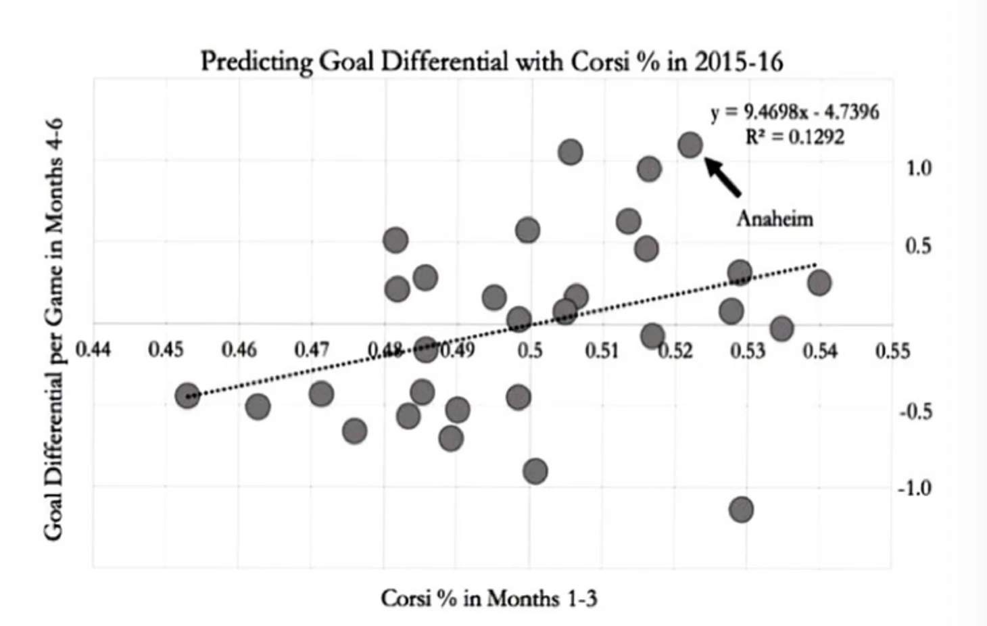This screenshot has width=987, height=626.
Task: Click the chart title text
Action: click(x=491, y=62)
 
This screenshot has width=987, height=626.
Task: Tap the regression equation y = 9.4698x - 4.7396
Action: click(x=795, y=112)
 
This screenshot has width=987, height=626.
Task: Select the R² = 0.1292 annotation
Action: click(x=795, y=137)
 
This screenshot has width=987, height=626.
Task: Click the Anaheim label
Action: click(x=775, y=218)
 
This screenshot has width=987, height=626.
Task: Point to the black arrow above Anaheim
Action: click(x=723, y=176)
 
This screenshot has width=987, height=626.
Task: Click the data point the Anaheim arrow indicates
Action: click(x=690, y=145)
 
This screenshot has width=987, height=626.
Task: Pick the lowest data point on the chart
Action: click(x=742, y=509)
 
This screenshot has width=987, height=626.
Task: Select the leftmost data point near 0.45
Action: click(x=187, y=395)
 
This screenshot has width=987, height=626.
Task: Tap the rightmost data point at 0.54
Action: click(x=819, y=283)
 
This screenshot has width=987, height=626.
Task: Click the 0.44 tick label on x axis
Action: click(x=93, y=350)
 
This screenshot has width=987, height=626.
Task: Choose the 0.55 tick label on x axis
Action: click(x=892, y=351)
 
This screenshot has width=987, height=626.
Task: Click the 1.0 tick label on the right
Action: click(x=918, y=167)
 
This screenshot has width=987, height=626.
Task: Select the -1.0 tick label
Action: click(x=915, y=488)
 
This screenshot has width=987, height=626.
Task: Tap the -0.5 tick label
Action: click(x=915, y=411)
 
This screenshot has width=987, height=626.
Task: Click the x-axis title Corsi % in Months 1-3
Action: click(x=489, y=598)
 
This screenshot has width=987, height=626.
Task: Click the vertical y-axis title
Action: click(x=53, y=329)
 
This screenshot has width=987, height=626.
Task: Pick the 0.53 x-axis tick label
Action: click(x=747, y=351)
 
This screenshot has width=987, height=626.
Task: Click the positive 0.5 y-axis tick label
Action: click(x=918, y=245)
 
